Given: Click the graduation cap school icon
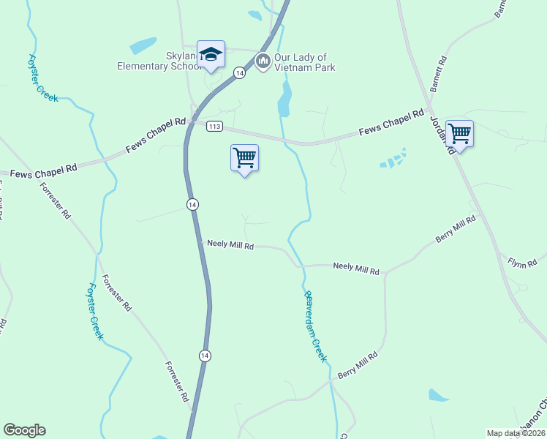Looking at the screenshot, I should pyautogui.click(x=211, y=54).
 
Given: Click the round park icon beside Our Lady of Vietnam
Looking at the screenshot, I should pyautogui.click(x=263, y=61).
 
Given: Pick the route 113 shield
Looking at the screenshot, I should pyautogui.click(x=214, y=126).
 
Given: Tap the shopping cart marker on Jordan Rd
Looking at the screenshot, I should pyautogui.click(x=459, y=134).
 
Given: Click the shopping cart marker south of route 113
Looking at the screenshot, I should pyautogui.click(x=244, y=157).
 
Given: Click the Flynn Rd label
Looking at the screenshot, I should pyautogui.click(x=523, y=260).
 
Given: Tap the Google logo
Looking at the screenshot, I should pyautogui.click(x=24, y=430).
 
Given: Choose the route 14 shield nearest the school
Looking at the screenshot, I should pyautogui.click(x=239, y=72).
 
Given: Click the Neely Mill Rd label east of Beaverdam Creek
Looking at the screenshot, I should pyautogui.click(x=356, y=269).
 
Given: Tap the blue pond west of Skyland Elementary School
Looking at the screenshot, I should pyautogui.click(x=143, y=45).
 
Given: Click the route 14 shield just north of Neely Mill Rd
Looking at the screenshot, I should pyautogui.click(x=192, y=204).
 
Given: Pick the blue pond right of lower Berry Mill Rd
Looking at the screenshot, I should pyautogui.click(x=438, y=396).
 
